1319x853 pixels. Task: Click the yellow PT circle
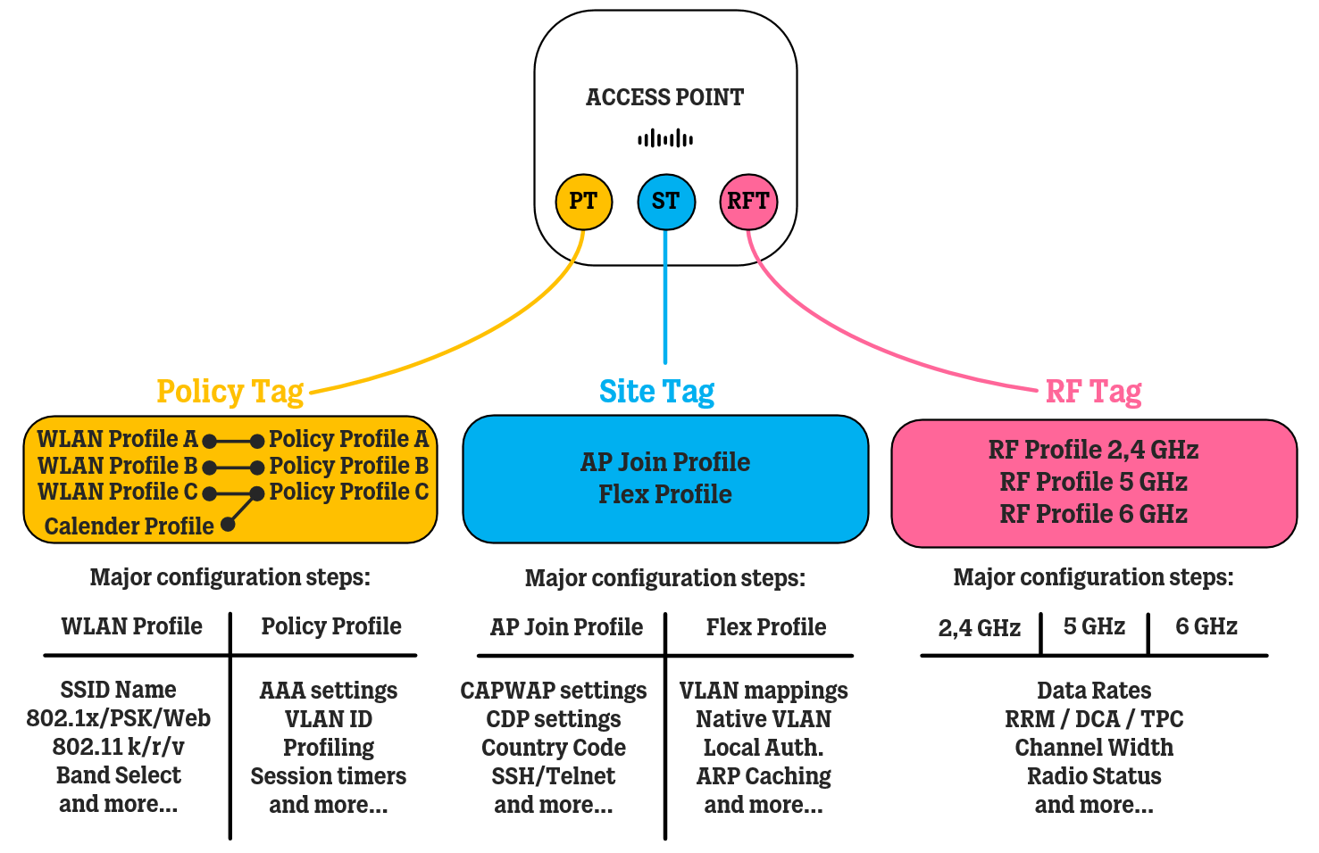tap(583, 202)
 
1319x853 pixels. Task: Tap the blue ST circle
tap(665, 202)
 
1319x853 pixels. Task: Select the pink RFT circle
tap(747, 202)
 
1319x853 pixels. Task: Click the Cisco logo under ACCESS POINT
tap(665, 138)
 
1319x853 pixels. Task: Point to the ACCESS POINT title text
tap(665, 97)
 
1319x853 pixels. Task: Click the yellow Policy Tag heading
tap(230, 392)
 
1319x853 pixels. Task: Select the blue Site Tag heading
tap(656, 392)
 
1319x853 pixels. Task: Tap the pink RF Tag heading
tap(1093, 392)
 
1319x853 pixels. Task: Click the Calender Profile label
tap(129, 526)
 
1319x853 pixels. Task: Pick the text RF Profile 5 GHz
tap(1093, 482)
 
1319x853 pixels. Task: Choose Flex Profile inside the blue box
tap(665, 494)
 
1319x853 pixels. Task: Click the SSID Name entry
tap(119, 690)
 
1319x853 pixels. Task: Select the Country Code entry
tap(554, 748)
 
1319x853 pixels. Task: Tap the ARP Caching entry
tap(764, 776)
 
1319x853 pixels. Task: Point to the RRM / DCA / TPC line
tap(1094, 719)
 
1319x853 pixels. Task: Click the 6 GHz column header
tap(1206, 626)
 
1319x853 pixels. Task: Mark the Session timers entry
tap(329, 776)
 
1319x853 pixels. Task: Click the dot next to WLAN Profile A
tap(209, 441)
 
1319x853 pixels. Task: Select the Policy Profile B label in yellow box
tap(349, 466)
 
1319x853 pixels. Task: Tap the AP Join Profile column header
tap(566, 627)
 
